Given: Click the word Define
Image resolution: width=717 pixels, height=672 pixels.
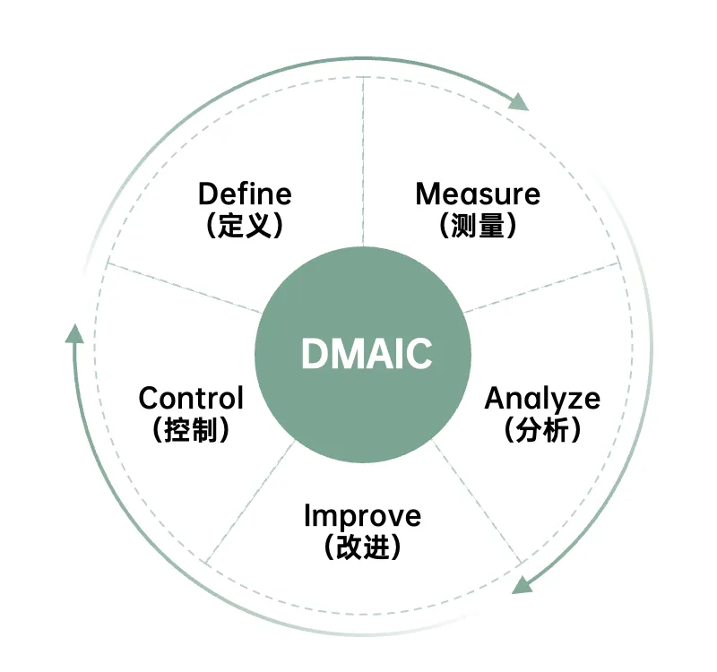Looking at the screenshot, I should coord(245,194).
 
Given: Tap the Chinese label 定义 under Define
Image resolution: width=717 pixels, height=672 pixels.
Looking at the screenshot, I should coord(245,225).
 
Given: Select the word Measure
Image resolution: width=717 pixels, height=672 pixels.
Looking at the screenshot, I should coord(478,194).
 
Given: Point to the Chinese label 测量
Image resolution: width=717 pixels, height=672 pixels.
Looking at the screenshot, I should coord(478,225).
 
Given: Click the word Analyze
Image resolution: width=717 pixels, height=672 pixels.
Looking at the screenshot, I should coord(542,399).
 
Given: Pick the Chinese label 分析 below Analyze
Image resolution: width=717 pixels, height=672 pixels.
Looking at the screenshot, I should coord(542,430).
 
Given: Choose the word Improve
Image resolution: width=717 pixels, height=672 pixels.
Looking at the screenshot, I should coord(361,517).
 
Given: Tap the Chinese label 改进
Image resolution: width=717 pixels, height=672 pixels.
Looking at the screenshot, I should coord(361,547).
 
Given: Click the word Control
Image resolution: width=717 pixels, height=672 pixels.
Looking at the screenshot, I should coord(191,398).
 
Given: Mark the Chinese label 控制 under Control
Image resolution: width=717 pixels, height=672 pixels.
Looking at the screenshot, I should coord(191,429).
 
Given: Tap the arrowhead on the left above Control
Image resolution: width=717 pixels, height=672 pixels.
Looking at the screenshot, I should coord(75,333).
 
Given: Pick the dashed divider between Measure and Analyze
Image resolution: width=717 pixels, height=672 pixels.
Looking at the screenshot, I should coord(542,287).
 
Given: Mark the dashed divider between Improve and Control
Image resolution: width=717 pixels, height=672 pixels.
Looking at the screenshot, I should coord(251,502).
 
